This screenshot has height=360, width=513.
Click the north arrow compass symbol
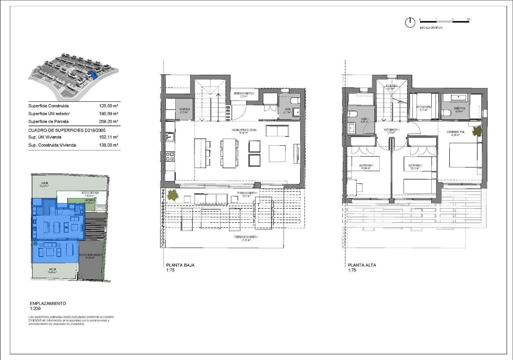coord(410,23)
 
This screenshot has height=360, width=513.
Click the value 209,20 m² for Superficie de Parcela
coord(109,121)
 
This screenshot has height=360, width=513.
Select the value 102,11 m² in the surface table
coord(109,137)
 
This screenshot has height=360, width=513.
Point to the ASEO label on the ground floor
coord(288,109)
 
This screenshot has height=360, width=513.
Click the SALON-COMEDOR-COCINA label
coord(245,130)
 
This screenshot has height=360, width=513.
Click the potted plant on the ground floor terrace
coord(173,195)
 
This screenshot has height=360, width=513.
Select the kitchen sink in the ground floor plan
coord(170,137)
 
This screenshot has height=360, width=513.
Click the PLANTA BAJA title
coord(180,265)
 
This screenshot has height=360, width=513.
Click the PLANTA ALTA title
coord(362,265)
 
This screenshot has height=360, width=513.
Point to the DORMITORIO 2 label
coord(415,165)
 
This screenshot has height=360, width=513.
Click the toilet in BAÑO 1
coord(351,114)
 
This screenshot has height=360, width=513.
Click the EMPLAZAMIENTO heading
coord(48,303)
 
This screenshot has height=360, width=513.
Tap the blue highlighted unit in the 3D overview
coord(93,76)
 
